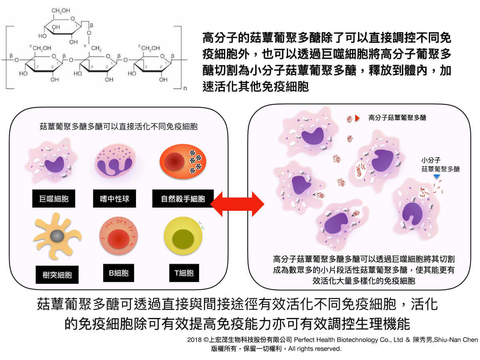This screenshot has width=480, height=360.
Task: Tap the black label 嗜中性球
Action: [x=114, y=198]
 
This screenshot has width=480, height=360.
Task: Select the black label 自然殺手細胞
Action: [x=183, y=198]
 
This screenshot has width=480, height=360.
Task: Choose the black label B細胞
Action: [x=118, y=273]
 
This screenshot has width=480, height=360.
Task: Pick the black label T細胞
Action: [x=184, y=273]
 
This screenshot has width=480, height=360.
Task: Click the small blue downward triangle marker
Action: [x=437, y=176]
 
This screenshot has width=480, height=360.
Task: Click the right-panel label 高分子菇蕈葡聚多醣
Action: [x=397, y=118]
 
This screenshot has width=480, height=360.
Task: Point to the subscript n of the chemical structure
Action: [x=185, y=89]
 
